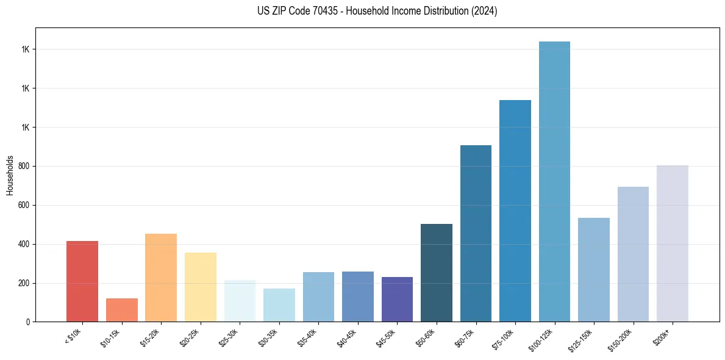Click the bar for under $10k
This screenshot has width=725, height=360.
[x=82, y=281]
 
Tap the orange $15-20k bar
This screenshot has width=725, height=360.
[x=161, y=278]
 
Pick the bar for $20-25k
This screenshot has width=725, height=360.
[x=201, y=287]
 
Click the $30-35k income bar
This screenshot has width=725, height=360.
[x=279, y=305]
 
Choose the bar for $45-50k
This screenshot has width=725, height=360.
[x=397, y=299]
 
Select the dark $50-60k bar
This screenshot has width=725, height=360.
[x=437, y=273]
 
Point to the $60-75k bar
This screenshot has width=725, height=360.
[x=476, y=233]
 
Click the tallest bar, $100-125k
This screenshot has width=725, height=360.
[x=554, y=181]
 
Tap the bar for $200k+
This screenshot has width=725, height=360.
[x=673, y=243]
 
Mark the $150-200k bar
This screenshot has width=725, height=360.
[x=633, y=254]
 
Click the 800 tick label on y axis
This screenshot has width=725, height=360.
[x=23, y=166]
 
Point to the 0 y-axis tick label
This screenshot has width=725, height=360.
[x=27, y=322]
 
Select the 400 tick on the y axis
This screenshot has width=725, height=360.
[x=23, y=244]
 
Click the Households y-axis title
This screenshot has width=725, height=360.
[x=10, y=175]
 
